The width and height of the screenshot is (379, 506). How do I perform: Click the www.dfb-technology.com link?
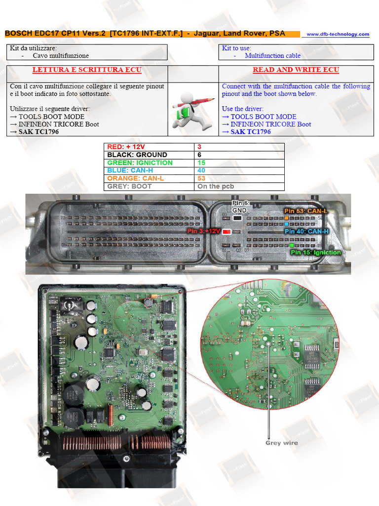338,34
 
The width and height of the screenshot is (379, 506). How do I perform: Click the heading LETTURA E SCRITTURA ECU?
87,70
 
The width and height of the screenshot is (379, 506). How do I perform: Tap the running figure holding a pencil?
193,111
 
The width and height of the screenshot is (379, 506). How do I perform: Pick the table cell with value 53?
201,178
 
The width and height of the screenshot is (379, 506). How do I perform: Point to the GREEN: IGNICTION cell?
140,163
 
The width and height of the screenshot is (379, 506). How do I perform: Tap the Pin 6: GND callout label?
241,206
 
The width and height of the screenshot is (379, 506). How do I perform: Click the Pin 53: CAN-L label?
305,211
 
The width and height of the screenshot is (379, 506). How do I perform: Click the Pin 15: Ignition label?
316,252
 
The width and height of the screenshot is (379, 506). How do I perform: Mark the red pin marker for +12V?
227,231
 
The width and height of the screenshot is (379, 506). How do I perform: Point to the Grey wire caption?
281,443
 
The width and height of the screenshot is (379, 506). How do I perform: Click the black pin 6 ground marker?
238,217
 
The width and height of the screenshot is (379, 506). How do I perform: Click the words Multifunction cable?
272,56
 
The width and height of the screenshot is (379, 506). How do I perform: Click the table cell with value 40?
201,170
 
